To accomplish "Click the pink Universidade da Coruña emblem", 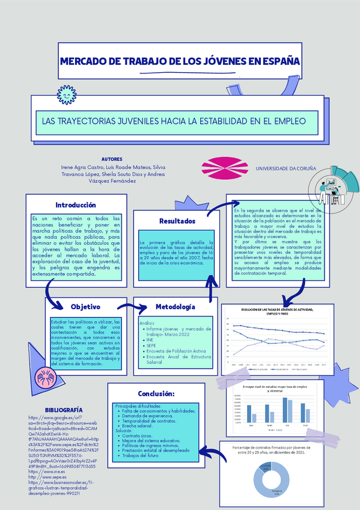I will [224, 169].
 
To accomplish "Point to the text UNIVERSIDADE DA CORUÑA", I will [286, 169].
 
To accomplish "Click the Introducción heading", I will [76, 205].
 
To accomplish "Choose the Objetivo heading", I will [85, 307].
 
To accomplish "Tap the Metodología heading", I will [175, 307].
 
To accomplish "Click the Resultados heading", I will [177, 221].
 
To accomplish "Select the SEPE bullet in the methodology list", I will [151, 346].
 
